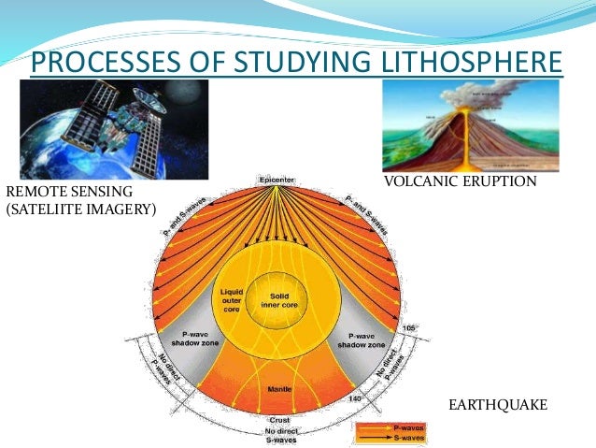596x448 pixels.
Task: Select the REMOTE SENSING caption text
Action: click(60, 192)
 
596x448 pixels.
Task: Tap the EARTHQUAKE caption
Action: click(495, 405)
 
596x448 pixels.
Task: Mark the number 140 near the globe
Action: click(356, 398)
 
